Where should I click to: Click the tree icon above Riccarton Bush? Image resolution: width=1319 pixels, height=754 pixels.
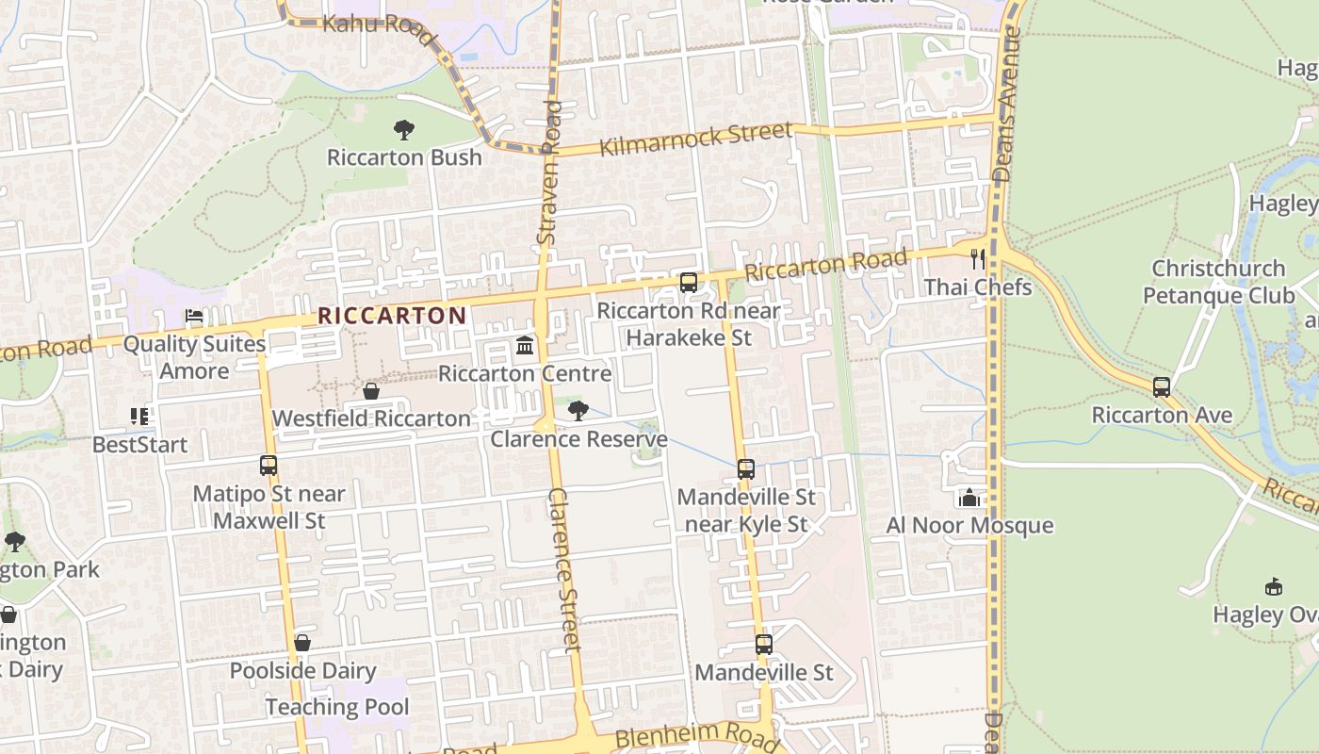[404, 129]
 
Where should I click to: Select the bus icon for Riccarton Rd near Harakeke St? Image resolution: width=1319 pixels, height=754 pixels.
[689, 283]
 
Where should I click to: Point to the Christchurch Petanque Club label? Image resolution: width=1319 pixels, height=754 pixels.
[1218, 282]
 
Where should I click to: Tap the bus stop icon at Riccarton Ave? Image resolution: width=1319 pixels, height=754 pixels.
[1162, 387]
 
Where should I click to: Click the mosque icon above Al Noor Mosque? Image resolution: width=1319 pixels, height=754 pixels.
[969, 498]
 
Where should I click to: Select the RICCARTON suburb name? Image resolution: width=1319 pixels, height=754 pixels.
[392, 316]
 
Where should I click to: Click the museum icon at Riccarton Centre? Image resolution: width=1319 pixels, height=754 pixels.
[525, 346]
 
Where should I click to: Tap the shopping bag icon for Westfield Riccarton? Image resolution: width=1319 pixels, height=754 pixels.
[371, 391]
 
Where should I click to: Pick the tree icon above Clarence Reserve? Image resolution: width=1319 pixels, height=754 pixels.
[578, 411]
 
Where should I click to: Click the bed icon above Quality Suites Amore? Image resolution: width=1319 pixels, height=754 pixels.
[194, 317]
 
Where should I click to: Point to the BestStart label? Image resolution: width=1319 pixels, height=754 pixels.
[140, 444]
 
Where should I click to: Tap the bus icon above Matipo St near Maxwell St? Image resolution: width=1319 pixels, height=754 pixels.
[269, 466]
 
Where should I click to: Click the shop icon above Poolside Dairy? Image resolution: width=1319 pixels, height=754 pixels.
[302, 644]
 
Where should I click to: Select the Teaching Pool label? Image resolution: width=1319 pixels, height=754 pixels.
[337, 707]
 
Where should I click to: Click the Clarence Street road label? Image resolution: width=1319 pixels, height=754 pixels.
[563, 569]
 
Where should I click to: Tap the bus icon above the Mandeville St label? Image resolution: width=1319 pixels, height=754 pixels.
[764, 645]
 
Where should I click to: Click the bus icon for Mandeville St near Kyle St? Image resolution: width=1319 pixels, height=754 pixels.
[746, 469]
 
